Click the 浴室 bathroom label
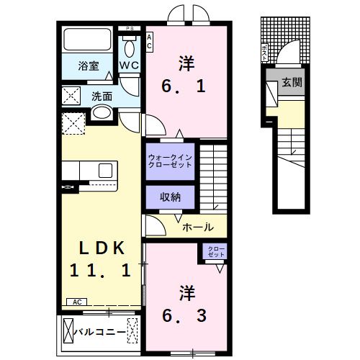89,65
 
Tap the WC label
129,65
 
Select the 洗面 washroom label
102,95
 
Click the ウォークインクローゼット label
170,161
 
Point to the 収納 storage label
170,197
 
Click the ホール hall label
197,227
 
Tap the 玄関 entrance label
292,82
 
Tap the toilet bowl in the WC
130,48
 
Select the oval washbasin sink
102,112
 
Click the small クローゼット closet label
216,252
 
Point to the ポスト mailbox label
263,52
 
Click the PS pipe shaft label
130,29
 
